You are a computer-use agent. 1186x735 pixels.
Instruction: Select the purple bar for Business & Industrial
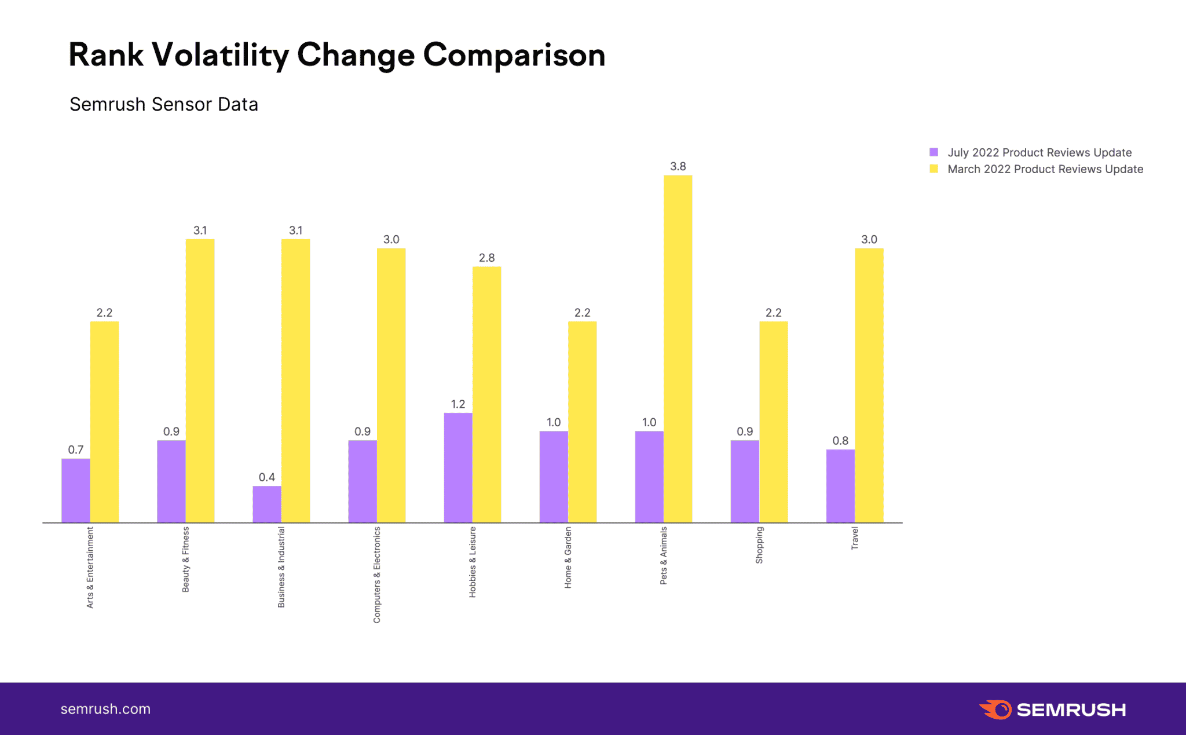(267, 504)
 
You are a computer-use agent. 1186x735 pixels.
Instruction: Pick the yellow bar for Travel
(869, 385)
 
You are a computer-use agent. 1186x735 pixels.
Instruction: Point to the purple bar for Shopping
(745, 481)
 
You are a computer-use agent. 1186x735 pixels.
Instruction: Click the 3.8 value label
(678, 166)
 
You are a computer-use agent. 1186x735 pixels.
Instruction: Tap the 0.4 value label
(267, 477)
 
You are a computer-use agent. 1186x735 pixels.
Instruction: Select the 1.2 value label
(458, 404)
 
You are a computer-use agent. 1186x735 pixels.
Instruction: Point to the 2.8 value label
(486, 258)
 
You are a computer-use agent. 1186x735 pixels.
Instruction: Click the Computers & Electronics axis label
(377, 575)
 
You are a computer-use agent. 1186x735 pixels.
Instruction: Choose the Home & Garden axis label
(568, 557)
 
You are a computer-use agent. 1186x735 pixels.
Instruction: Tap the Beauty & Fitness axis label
(186, 559)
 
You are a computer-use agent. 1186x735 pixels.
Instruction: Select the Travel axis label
(855, 538)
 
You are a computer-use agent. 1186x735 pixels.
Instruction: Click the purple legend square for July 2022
(934, 152)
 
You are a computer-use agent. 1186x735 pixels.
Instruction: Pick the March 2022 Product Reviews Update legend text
(1045, 169)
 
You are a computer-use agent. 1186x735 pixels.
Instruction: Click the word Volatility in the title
(220, 56)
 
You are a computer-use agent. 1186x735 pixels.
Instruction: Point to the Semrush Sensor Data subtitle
(164, 104)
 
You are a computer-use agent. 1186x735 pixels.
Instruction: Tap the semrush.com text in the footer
(105, 709)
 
